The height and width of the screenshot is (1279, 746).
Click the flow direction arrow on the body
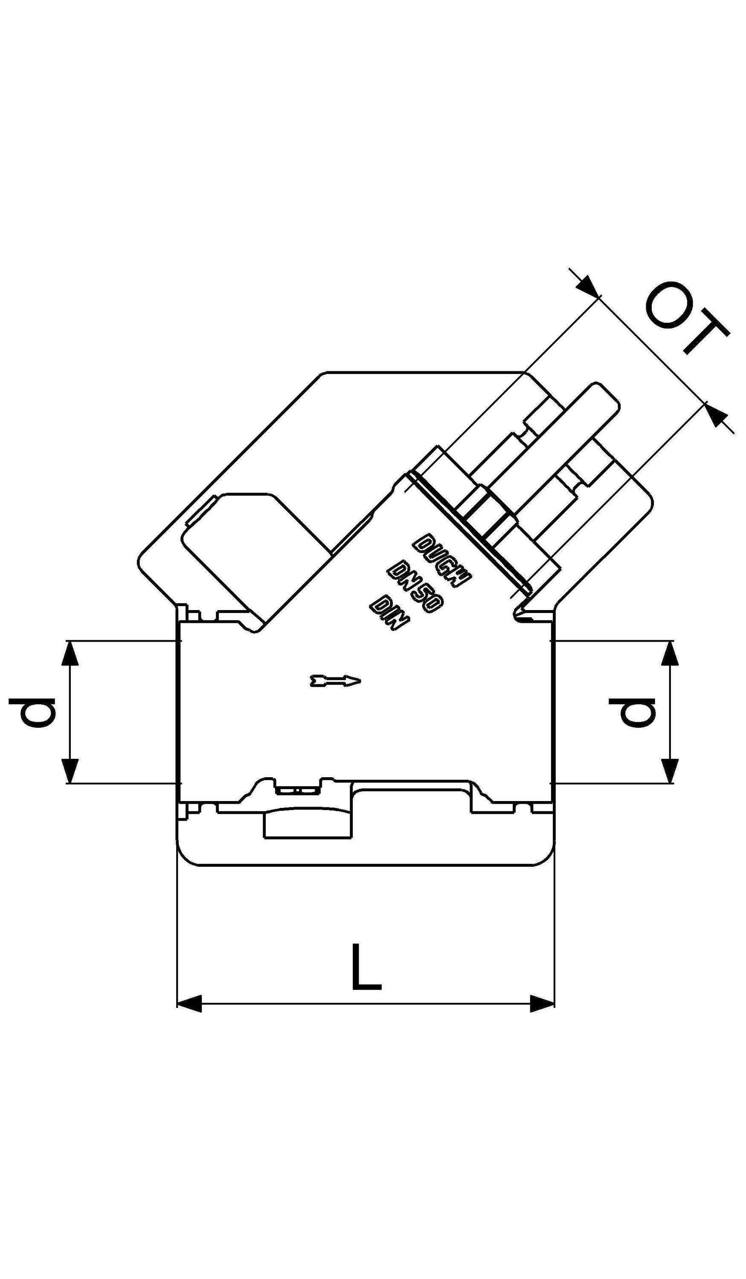(x=335, y=680)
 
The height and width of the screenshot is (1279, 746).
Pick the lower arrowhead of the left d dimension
(x=70, y=771)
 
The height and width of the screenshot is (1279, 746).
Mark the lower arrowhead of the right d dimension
(x=671, y=771)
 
